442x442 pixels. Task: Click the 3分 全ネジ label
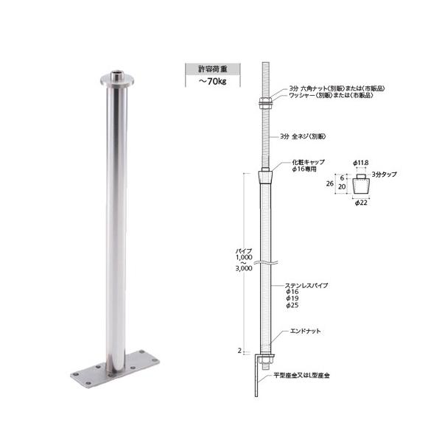(x=303, y=137)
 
